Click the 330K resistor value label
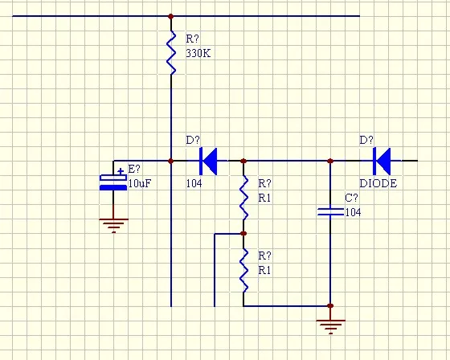click(x=198, y=53)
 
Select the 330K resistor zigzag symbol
click(x=171, y=52)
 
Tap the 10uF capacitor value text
click(x=140, y=183)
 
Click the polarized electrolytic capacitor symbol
click(x=113, y=182)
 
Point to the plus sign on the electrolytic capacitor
click(x=121, y=171)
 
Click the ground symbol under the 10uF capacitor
click(x=113, y=226)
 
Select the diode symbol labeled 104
click(x=208, y=161)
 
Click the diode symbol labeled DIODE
click(x=382, y=161)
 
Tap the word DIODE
click(x=378, y=183)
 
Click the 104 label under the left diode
click(x=194, y=183)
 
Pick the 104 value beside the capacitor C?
click(x=353, y=212)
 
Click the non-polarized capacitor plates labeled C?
click(x=330, y=212)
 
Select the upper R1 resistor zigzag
click(x=243, y=198)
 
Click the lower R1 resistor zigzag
click(x=243, y=271)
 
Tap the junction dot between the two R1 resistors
click(x=243, y=234)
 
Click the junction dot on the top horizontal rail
click(x=171, y=16)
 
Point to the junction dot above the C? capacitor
click(x=330, y=161)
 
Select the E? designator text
click(x=134, y=169)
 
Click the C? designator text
click(x=351, y=198)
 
